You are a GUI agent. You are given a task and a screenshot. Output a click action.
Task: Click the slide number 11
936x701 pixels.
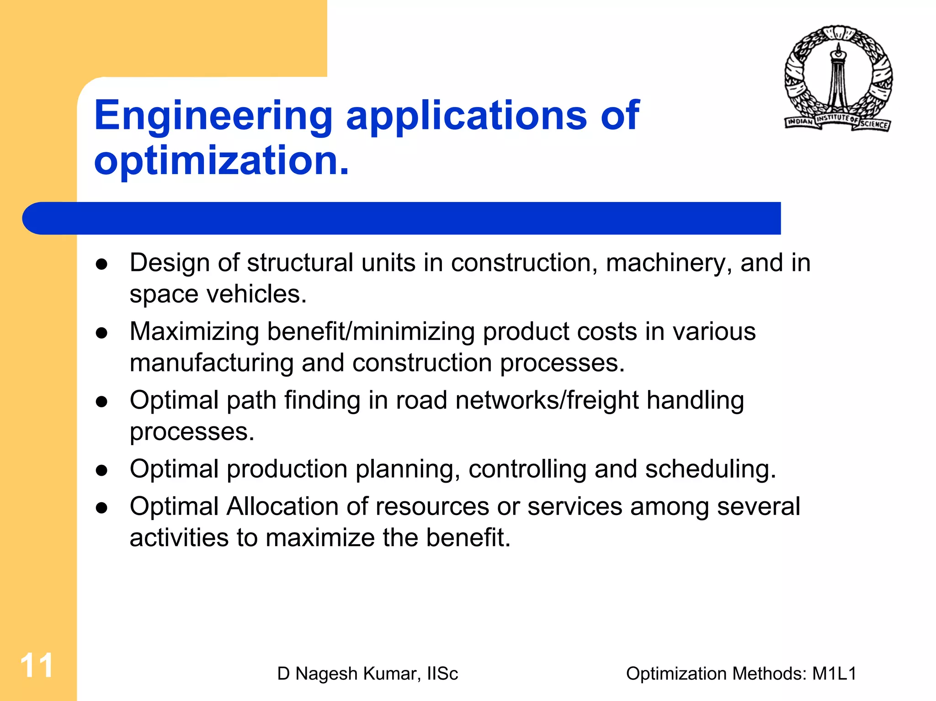point(37,666)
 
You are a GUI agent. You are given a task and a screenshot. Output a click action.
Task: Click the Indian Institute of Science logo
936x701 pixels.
point(838,79)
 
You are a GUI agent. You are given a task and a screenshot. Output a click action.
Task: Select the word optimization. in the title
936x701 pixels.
point(222,160)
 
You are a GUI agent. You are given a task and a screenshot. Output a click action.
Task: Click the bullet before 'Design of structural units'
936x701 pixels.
point(101,264)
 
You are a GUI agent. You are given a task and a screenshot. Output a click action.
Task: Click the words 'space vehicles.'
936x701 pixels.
point(218,294)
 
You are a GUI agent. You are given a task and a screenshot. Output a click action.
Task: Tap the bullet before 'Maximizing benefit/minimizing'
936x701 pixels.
point(101,333)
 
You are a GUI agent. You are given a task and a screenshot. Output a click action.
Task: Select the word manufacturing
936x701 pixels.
point(211,363)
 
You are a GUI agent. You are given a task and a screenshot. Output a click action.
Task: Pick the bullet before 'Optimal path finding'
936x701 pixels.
point(101,402)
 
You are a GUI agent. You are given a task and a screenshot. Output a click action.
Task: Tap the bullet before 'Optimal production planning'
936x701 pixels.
point(101,471)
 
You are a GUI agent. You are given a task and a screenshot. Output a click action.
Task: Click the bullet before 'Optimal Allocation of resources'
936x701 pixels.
point(101,508)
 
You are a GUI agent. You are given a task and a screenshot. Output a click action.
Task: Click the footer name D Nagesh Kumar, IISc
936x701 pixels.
point(367,674)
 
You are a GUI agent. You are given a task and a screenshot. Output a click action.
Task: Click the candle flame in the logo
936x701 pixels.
point(838,47)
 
